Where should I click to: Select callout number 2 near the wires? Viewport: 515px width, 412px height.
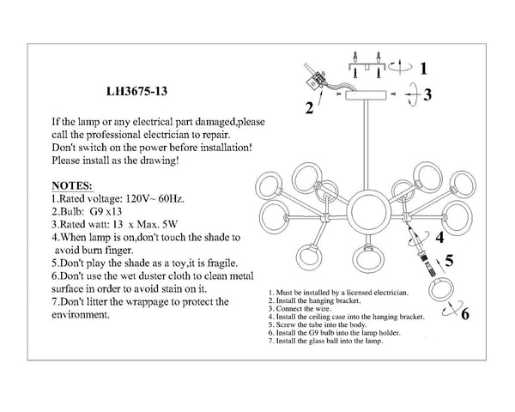309,109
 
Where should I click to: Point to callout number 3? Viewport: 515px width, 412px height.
427,94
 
